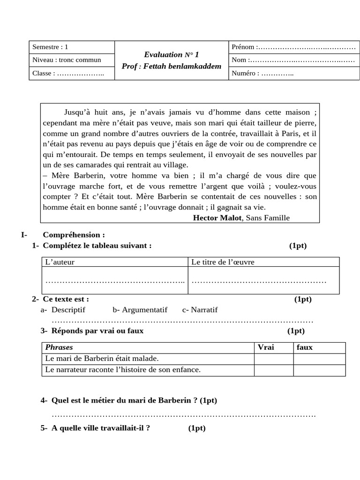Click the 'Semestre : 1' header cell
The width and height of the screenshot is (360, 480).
coord(51,47)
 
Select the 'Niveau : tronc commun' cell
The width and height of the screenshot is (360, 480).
coord(67,60)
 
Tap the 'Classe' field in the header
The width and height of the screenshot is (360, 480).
coord(68,73)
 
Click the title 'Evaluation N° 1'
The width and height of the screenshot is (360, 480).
coord(172,55)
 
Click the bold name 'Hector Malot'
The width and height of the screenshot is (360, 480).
coord(217,217)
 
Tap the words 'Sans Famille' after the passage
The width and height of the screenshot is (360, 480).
coord(268,217)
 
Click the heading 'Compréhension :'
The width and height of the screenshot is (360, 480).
coord(74,235)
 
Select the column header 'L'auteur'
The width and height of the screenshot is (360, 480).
coord(60,262)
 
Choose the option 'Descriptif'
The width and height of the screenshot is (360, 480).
coord(68,310)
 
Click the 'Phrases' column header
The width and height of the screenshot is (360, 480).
coord(59,347)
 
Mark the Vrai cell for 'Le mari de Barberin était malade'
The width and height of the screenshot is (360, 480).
coord(274,359)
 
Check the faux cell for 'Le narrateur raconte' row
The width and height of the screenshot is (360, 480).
coord(319,370)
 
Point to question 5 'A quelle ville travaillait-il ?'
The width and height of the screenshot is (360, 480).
coord(101,428)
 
